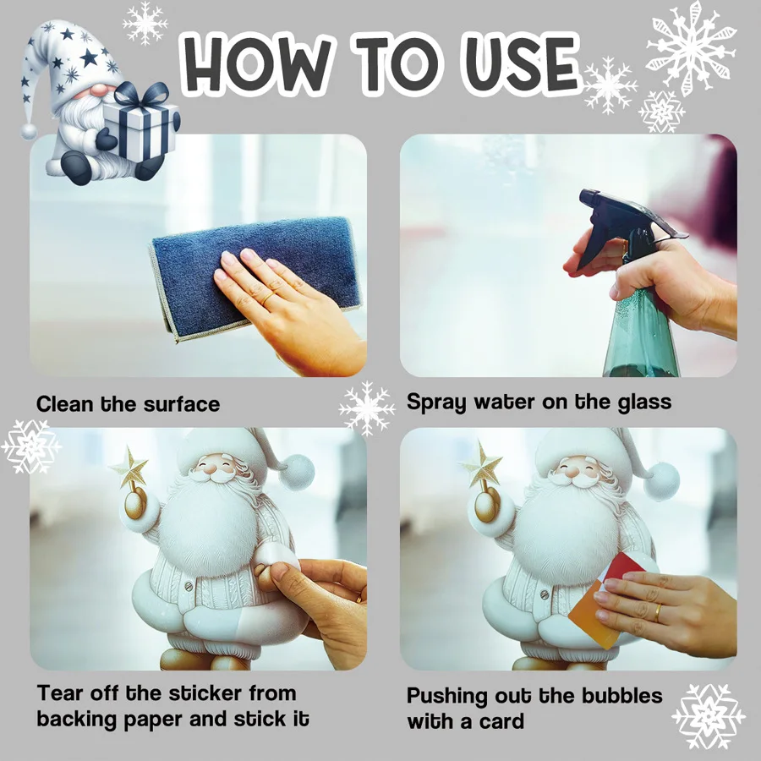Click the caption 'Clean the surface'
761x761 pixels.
128,404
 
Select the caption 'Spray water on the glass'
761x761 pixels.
539,402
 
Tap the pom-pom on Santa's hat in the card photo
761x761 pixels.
661,481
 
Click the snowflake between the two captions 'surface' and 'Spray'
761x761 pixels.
367,408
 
